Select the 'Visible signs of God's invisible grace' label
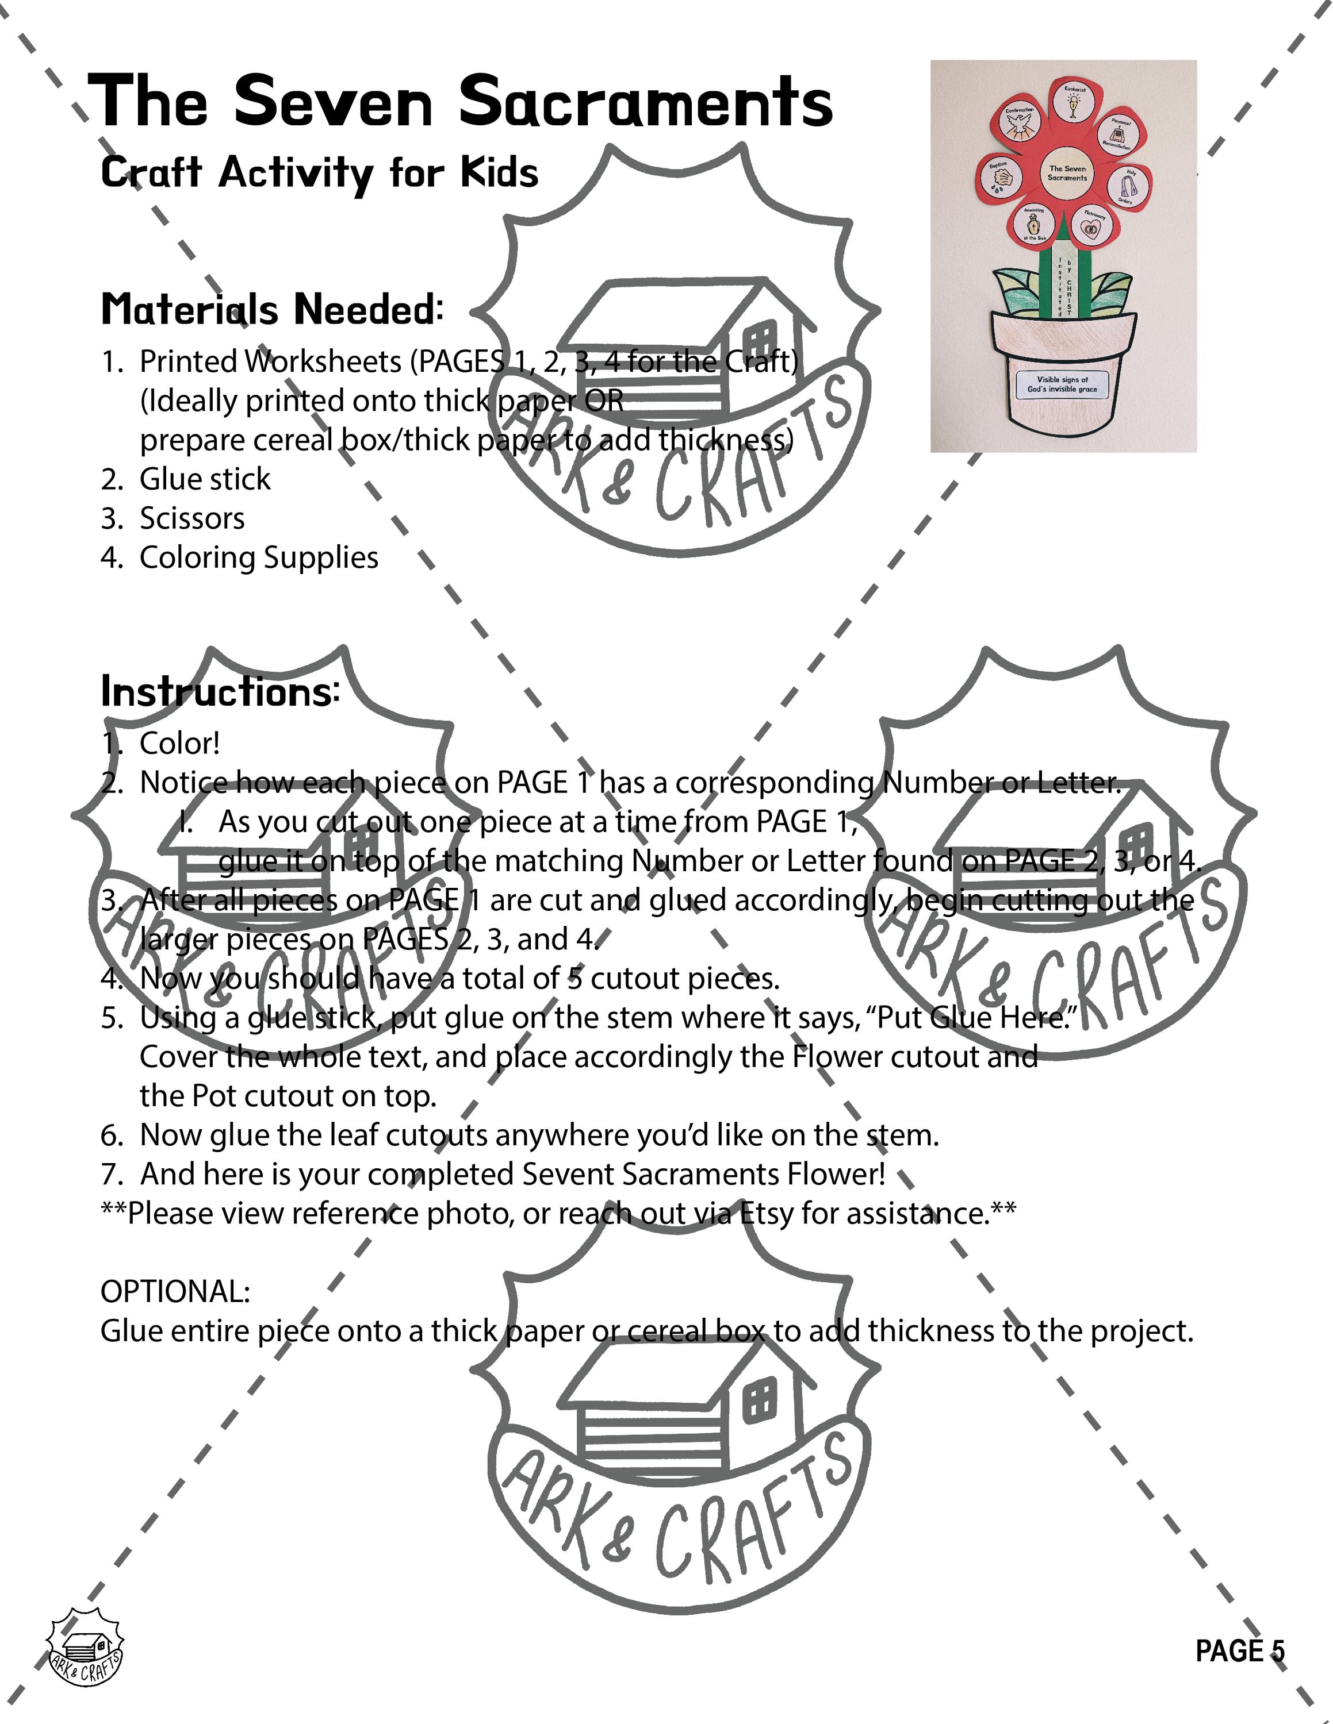(x=1062, y=384)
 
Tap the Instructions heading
(x=220, y=691)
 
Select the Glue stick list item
(x=205, y=479)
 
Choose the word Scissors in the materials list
(x=192, y=518)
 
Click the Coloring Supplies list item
(x=258, y=557)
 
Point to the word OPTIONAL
(x=175, y=1292)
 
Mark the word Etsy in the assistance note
(x=766, y=1213)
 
